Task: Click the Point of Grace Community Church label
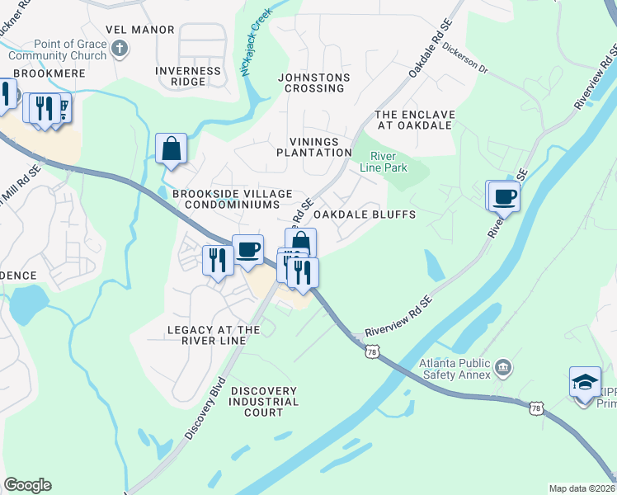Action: click(x=58, y=49)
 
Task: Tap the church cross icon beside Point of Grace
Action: click(x=120, y=49)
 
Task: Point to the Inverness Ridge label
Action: click(x=188, y=76)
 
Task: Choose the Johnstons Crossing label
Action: click(x=313, y=83)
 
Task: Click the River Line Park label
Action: click(x=384, y=162)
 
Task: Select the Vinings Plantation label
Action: click(x=314, y=148)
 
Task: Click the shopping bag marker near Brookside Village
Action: click(x=171, y=149)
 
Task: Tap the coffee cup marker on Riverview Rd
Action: click(x=504, y=196)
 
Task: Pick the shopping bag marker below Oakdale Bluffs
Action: click(x=301, y=242)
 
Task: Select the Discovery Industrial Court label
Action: click(x=264, y=401)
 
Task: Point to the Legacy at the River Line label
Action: click(x=214, y=335)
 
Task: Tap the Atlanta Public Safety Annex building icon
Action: click(x=503, y=365)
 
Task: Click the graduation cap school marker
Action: click(x=584, y=384)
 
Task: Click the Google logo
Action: click(x=27, y=485)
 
